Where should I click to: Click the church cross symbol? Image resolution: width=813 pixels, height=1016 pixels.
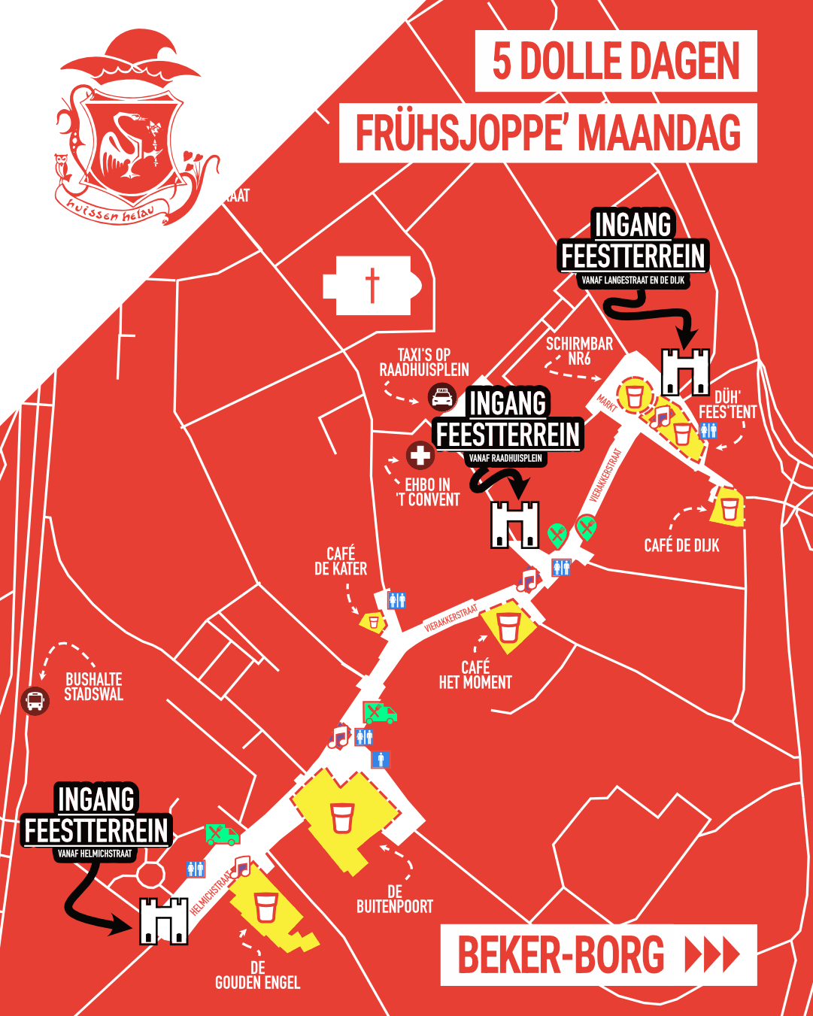click(372, 286)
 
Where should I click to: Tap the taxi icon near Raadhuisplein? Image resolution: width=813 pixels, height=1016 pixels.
click(442, 396)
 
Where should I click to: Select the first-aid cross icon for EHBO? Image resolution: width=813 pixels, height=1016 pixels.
click(420, 455)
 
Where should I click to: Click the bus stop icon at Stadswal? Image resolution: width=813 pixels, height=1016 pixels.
click(35, 701)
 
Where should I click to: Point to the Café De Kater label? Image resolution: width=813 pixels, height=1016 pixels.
click(341, 562)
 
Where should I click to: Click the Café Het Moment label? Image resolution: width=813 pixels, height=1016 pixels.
click(475, 675)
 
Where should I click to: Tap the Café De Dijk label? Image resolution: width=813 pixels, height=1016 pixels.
click(681, 545)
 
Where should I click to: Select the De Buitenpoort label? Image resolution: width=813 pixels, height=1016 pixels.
click(395, 899)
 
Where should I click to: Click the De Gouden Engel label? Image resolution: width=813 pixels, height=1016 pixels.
click(258, 975)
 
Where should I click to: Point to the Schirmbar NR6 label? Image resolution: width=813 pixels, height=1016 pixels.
click(579, 351)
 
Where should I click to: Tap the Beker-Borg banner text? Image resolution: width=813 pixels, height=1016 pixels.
click(561, 955)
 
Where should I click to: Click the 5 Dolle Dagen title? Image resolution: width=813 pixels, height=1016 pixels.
click(616, 62)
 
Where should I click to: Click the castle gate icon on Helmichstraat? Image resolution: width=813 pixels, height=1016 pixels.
click(163, 920)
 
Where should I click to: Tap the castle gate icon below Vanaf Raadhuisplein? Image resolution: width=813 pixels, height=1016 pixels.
click(515, 524)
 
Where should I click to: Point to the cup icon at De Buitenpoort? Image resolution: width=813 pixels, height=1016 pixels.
click(341, 817)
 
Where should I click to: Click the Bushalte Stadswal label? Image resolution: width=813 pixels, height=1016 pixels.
click(93, 687)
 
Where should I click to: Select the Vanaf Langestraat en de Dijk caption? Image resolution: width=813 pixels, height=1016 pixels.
click(633, 281)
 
